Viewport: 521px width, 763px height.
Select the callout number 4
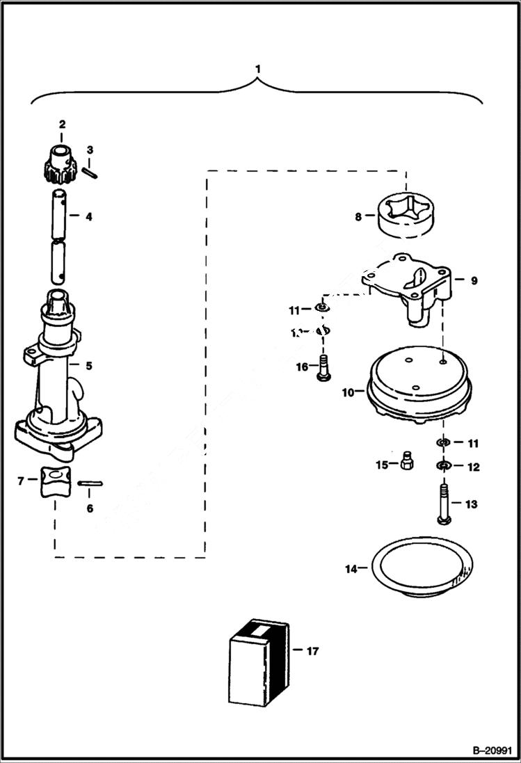tap(89, 216)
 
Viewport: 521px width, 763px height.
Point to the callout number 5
tap(89, 365)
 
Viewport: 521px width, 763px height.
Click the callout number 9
tap(474, 281)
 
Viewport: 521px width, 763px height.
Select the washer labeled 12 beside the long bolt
tap(442, 466)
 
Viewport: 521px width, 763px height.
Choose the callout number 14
tap(351, 569)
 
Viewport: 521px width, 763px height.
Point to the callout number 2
tap(61, 125)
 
